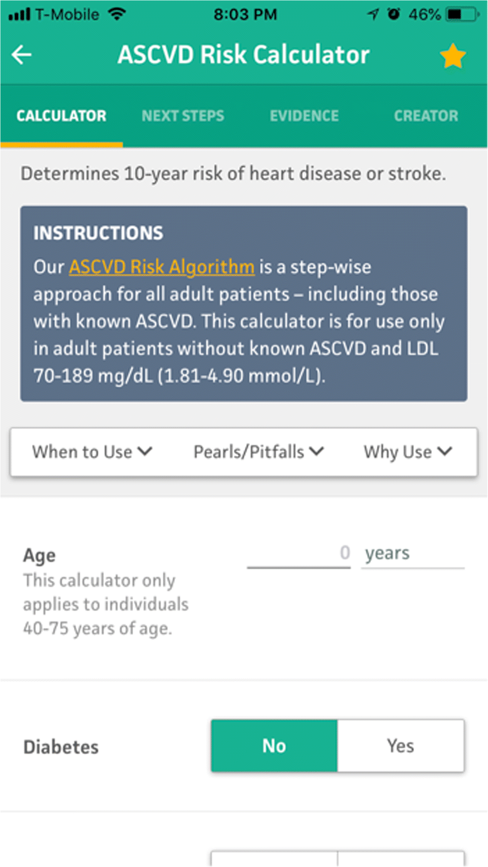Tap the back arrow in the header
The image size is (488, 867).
tap(22, 54)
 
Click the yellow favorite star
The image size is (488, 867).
tap(453, 56)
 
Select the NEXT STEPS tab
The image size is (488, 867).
tap(183, 116)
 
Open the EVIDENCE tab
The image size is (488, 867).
tap(304, 116)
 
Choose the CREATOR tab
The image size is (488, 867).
tap(426, 116)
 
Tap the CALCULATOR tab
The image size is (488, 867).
tap(61, 116)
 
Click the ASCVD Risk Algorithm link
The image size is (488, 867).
tap(162, 267)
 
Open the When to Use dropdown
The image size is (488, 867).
tap(92, 452)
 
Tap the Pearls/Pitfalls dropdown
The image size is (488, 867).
tap(258, 452)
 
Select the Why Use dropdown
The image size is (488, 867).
tap(408, 452)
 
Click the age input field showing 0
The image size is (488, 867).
tap(299, 554)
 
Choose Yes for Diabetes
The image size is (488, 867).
tap(401, 745)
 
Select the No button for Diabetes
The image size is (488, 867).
tap(274, 745)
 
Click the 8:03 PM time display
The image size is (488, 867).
tap(245, 14)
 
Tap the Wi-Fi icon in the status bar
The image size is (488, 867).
tap(117, 14)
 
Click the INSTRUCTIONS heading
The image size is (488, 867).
tap(98, 233)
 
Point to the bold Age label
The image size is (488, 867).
tap(39, 556)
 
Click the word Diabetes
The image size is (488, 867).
tap(61, 746)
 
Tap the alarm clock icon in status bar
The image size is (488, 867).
tap(394, 14)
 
